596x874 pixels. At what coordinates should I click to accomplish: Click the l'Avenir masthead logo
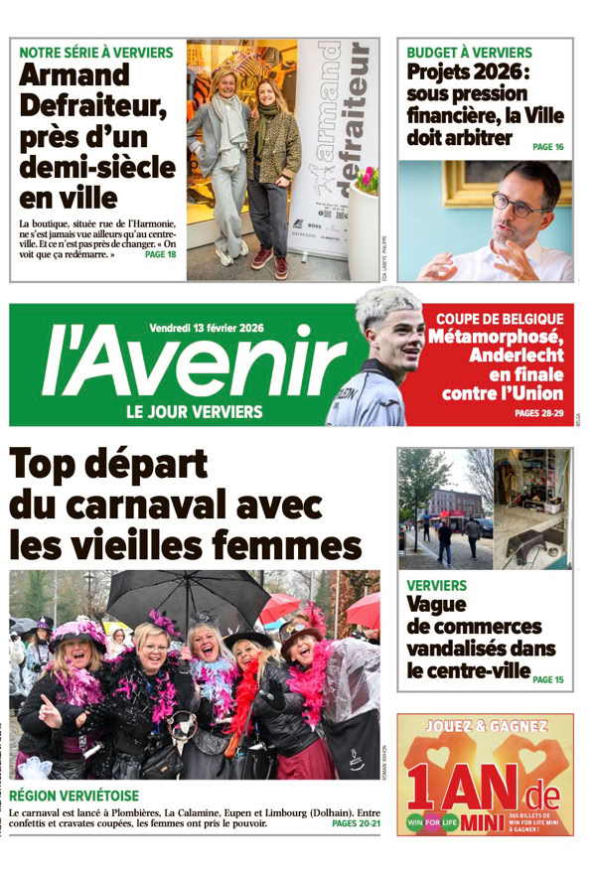179,368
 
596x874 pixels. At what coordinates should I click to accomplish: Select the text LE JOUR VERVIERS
194,411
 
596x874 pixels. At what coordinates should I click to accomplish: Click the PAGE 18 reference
160,254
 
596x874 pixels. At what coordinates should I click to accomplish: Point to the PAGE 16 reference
547,147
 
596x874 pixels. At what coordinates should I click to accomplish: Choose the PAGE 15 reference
547,680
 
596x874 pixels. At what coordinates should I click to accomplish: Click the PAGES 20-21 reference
355,823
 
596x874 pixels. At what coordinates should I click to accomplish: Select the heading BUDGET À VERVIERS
470,53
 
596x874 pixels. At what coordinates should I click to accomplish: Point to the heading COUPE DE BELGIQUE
500,319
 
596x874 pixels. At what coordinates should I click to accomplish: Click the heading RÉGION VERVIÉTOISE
74,797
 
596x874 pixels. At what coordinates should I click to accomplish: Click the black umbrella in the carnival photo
189,594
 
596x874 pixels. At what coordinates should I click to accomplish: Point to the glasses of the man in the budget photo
517,208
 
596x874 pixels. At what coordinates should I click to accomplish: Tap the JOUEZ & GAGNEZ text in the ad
486,726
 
